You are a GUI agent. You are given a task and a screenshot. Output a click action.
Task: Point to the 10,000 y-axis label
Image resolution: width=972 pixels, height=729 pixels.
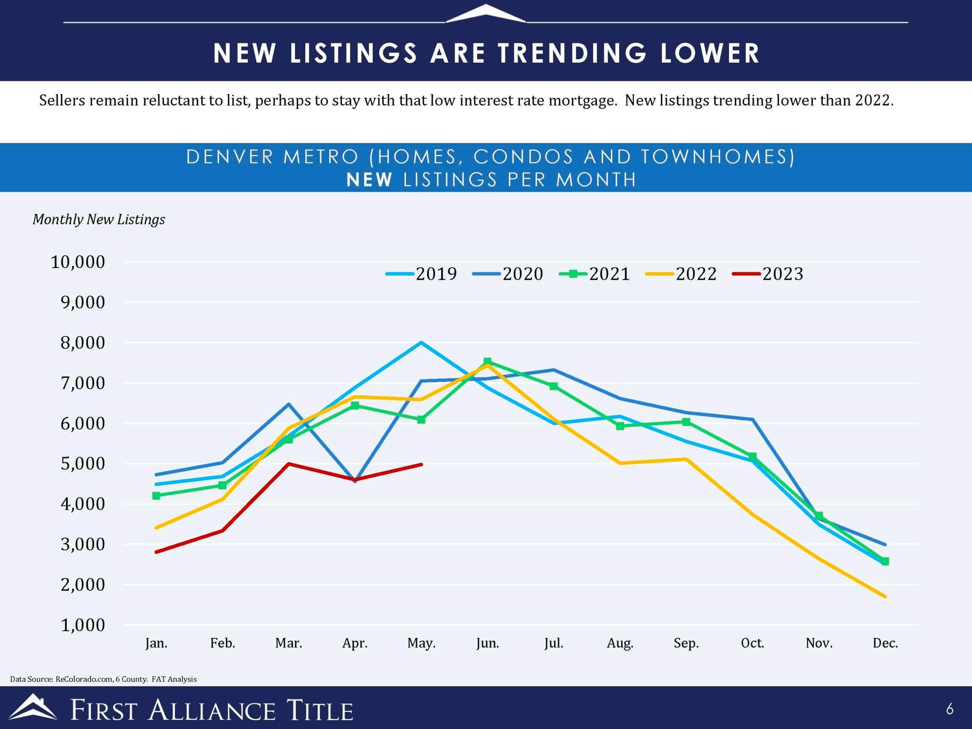coord(78,262)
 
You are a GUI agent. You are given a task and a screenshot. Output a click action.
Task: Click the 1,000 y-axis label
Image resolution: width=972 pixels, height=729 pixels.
coord(83,625)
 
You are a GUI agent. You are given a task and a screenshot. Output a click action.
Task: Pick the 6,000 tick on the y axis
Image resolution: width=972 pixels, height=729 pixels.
coord(83,424)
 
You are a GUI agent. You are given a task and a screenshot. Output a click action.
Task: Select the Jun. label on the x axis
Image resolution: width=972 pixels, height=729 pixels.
coord(488,643)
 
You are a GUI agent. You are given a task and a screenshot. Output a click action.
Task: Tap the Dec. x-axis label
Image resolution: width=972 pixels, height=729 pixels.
coord(885,643)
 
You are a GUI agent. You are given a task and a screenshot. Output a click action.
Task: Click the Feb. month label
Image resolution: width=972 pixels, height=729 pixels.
coord(223,643)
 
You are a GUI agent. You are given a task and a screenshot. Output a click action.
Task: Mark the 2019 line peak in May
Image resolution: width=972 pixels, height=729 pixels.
coord(421,343)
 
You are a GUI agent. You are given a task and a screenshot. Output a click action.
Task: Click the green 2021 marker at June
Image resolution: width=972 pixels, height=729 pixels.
coord(488,361)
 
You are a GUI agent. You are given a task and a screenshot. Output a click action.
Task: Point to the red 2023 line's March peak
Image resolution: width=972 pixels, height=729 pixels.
coord(289,464)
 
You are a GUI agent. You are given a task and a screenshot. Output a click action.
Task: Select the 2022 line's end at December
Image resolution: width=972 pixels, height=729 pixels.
coord(885,596)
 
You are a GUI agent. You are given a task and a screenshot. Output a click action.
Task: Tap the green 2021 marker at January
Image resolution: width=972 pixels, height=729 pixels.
coord(156,496)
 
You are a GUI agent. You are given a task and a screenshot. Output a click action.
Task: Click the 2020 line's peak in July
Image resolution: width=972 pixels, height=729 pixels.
coord(554,370)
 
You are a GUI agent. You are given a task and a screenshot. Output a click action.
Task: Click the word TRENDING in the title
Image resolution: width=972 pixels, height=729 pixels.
coord(572,53)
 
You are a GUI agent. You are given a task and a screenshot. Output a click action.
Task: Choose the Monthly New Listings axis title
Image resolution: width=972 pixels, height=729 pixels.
coord(99,219)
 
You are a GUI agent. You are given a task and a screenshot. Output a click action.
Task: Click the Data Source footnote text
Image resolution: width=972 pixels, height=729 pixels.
coord(103,679)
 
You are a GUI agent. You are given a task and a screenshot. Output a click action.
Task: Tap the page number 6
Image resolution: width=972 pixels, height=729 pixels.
coord(949,709)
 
